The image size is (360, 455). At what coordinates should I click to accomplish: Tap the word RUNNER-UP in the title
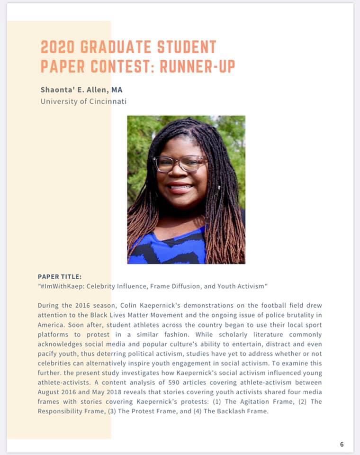[198, 66]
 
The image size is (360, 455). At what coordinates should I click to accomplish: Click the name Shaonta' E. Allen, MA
[81, 89]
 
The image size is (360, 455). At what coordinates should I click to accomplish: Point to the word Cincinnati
[104, 101]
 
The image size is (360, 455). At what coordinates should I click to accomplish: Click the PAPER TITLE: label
[60, 276]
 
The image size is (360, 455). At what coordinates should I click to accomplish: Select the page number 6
[342, 444]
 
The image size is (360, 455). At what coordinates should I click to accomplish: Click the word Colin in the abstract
[140, 305]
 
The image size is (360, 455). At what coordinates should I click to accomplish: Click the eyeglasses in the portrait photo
[180, 164]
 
